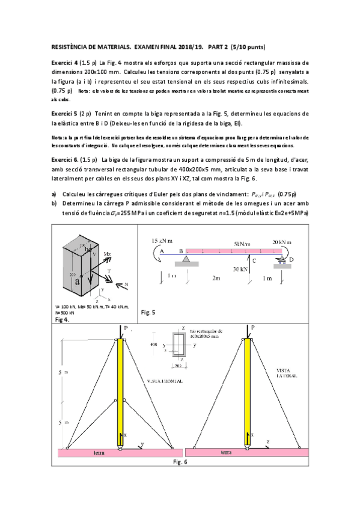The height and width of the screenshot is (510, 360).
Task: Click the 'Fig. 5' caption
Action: (x=148, y=312)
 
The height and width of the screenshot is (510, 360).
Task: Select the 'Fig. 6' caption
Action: (x=180, y=462)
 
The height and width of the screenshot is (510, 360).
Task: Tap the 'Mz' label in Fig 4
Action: (x=106, y=254)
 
